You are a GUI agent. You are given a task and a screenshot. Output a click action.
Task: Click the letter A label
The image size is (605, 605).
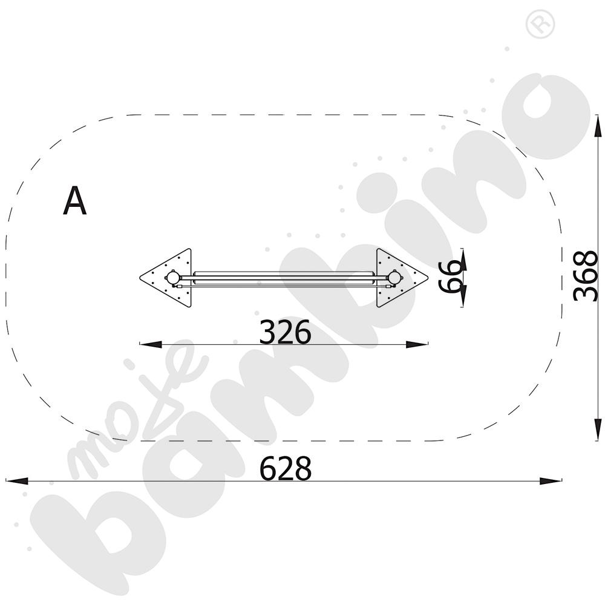75,201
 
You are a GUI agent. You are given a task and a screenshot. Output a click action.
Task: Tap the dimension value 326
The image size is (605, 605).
285,332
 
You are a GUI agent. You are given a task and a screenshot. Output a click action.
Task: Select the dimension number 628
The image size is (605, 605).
285,468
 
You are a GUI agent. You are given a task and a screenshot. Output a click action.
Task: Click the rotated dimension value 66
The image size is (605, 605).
450,276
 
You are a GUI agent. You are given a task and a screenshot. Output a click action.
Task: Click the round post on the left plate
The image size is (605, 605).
172,277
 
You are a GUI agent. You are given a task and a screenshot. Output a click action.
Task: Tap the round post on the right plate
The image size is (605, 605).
394,277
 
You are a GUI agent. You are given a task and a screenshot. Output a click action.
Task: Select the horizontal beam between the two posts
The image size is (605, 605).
284,278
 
